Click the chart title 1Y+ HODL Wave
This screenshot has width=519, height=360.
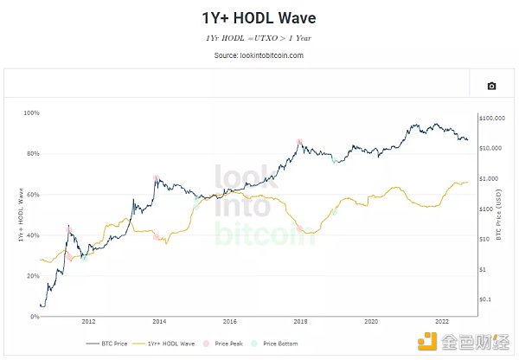pos(259,18)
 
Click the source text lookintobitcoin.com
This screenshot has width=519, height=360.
pos(259,55)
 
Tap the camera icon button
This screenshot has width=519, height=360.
pos(491,86)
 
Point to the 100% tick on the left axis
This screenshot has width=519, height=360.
pos(31,113)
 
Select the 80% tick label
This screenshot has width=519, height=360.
pos(33,154)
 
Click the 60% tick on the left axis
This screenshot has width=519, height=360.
pos(33,195)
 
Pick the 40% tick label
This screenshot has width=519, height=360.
pos(33,235)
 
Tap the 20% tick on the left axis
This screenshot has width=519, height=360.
pos(33,276)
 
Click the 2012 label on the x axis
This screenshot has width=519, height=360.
pos(88,322)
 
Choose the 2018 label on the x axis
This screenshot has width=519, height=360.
pos(300,322)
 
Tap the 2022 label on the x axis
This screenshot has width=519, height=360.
pos(442,322)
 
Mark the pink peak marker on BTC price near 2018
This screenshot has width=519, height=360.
pos(298,141)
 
